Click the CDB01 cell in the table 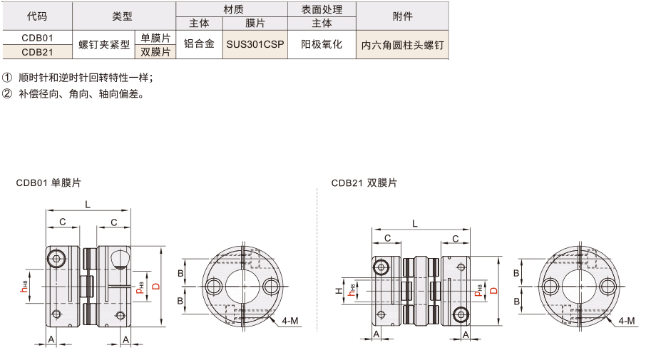38,38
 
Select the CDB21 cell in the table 38,52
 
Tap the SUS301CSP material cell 255,44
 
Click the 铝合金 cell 199,44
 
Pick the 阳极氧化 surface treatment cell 322,44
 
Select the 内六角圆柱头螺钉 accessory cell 403,45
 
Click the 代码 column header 37,16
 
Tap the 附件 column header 403,16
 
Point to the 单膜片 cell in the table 155,38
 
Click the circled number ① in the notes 7,78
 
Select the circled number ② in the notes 7,94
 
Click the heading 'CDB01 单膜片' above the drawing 48,183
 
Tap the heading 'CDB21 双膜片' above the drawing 364,183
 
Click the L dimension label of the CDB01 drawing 88,205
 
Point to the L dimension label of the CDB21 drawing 415,224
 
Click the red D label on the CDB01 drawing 156,287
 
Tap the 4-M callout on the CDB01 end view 290,321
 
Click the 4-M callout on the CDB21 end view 627,321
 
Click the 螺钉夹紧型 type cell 104,44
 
